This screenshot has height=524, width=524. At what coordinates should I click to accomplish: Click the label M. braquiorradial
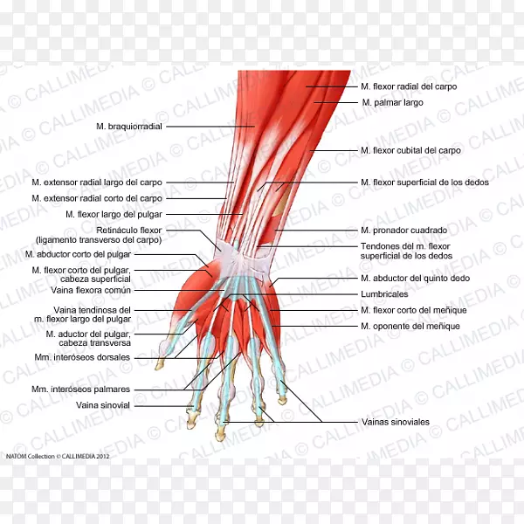click(x=129, y=126)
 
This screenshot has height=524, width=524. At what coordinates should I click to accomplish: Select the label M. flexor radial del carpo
click(x=408, y=86)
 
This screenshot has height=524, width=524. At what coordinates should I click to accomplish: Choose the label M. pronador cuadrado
click(x=403, y=230)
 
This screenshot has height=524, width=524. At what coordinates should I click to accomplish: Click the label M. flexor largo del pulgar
click(x=114, y=214)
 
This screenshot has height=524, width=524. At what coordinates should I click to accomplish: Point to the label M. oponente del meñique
click(x=410, y=326)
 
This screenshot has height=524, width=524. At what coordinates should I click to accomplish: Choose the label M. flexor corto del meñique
click(x=413, y=310)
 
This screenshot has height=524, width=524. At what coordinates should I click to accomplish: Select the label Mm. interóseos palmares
click(x=81, y=389)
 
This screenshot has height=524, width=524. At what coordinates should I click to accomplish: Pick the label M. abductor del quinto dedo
click(x=415, y=278)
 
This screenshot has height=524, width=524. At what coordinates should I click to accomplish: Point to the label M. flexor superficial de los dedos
click(x=424, y=183)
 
